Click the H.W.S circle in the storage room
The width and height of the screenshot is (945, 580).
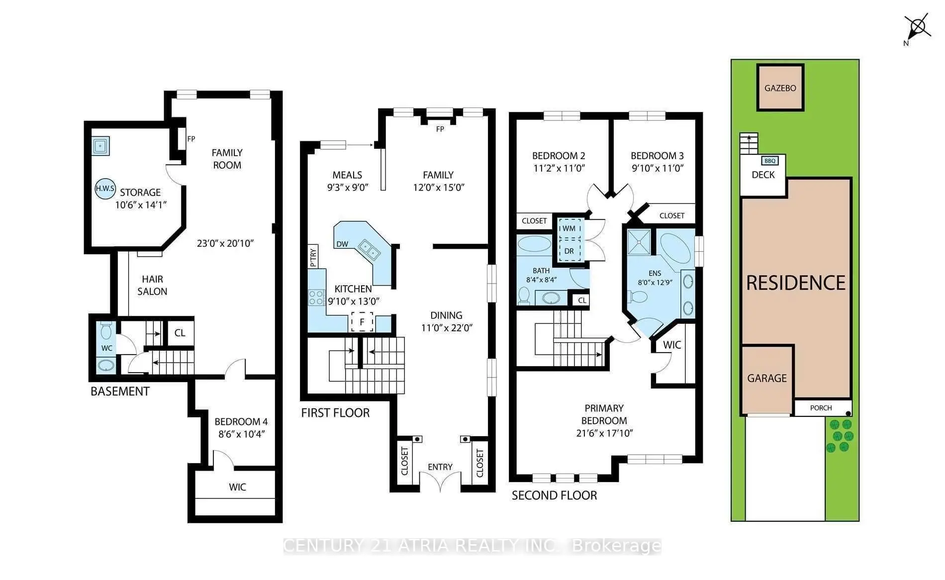(105, 189)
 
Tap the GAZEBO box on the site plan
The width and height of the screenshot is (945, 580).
(780, 88)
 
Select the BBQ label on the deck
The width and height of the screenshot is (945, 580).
(770, 161)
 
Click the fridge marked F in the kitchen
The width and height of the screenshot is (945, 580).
(362, 322)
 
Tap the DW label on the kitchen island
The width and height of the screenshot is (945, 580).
(342, 244)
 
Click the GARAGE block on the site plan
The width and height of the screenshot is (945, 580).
(766, 379)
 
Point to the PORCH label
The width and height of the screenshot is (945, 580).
(821, 408)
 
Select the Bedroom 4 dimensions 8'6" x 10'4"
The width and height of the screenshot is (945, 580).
(241, 434)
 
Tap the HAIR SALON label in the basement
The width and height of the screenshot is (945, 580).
(152, 286)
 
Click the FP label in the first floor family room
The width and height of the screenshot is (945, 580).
(440, 129)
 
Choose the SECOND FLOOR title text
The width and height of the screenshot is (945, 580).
(554, 495)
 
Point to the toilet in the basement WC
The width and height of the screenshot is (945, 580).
(106, 330)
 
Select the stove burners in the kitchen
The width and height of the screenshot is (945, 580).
(317, 297)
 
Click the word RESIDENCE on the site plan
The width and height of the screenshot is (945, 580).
(796, 283)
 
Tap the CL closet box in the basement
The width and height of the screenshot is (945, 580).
(180, 333)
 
